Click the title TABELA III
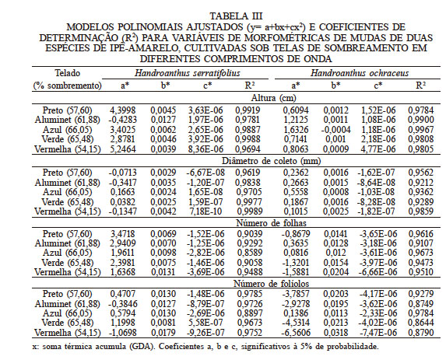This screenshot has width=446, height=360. tap(223, 14)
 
